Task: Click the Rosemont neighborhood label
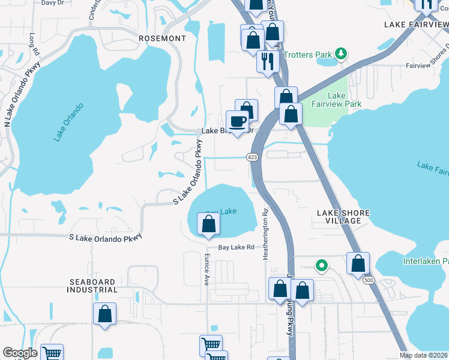tap(162, 38)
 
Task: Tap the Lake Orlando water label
tap(68, 123)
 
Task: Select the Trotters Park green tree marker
tap(341, 55)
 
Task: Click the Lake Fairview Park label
tap(345, 100)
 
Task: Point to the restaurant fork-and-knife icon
tap(267, 61)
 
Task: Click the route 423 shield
tap(252, 157)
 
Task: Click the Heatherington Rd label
tap(265, 235)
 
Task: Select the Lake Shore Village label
tap(343, 217)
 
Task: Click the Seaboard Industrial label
tap(93, 286)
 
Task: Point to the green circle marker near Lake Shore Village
tap(322, 265)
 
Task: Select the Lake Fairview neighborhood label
tap(416, 25)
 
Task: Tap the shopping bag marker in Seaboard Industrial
tap(104, 313)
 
